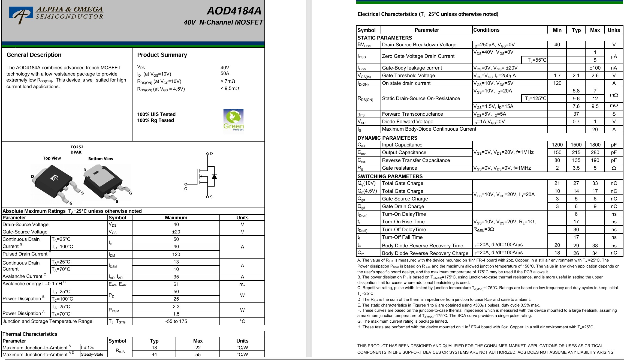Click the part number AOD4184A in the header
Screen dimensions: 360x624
coord(234,11)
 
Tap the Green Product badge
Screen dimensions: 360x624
coord(233,121)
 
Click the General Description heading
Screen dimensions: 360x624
coord(34,55)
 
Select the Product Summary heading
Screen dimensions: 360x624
coord(162,55)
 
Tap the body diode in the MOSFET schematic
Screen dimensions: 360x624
coord(214,176)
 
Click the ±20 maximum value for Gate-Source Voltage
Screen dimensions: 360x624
coord(176,232)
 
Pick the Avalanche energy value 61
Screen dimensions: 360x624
coord(176,284)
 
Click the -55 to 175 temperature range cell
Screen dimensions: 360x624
coord(176,321)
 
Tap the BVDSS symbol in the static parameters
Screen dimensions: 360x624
coord(364,45)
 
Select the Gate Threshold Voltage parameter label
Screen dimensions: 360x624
coord(408,76)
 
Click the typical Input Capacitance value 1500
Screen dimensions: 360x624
coord(576,145)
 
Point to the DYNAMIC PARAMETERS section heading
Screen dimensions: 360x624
coord(387,138)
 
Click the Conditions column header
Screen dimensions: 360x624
coord(486,30)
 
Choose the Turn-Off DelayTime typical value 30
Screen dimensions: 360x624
coord(576,230)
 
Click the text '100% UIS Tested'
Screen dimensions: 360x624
coord(156,114)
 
